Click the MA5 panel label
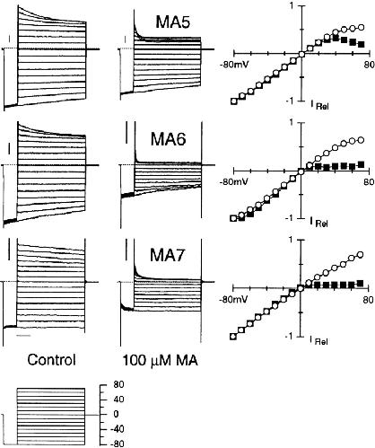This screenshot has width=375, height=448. click(x=172, y=22)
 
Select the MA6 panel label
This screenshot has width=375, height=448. click(x=168, y=139)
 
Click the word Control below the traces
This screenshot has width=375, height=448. click(x=51, y=360)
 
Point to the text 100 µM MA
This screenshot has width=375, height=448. click(x=161, y=361)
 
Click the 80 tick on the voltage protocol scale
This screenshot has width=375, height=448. click(x=118, y=384)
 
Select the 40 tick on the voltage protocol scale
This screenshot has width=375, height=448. click(x=118, y=400)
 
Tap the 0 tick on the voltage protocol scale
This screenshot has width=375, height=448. click(x=116, y=414)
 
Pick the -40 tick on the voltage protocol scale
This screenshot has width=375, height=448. click(x=117, y=429)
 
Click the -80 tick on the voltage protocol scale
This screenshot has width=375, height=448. click(x=117, y=444)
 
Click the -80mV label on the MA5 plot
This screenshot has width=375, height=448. click(x=234, y=65)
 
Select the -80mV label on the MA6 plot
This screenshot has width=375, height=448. click(x=234, y=181)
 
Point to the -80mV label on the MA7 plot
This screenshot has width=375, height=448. click(x=234, y=299)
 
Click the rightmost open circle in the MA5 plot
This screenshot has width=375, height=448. click(x=362, y=27)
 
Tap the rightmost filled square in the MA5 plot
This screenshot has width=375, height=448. click(x=362, y=44)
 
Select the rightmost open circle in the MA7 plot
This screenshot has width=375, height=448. click(x=361, y=254)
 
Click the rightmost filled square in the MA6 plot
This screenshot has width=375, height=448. click(x=362, y=164)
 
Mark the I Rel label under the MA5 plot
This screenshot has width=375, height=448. click(x=319, y=105)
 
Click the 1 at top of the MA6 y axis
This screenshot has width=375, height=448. click(x=292, y=122)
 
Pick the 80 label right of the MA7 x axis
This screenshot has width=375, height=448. click(x=369, y=299)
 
